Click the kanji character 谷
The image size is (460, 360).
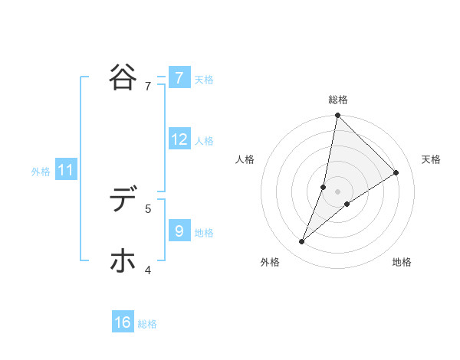[x=123, y=77]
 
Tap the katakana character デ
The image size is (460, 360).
[x=123, y=201]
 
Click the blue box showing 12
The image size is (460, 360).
[x=179, y=139]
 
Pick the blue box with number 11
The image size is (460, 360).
[x=66, y=171]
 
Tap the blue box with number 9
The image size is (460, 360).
[x=179, y=231]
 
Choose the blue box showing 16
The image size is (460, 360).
[x=123, y=322]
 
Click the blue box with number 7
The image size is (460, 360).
[x=179, y=77]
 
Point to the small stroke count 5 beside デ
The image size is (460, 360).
[x=148, y=208]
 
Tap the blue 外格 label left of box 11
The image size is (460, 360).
[x=41, y=172]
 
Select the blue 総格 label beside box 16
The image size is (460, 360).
[x=147, y=324]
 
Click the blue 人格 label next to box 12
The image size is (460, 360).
[x=204, y=141]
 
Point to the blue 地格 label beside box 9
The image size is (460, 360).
[x=204, y=232]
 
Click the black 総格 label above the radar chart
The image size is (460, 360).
[x=337, y=100]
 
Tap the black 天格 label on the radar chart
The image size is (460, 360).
[x=431, y=159]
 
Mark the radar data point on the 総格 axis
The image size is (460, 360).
[x=337, y=116]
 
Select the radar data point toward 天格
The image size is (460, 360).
[x=396, y=172]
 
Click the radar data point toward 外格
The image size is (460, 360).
[x=302, y=242]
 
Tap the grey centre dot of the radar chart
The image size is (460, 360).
[x=337, y=191]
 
